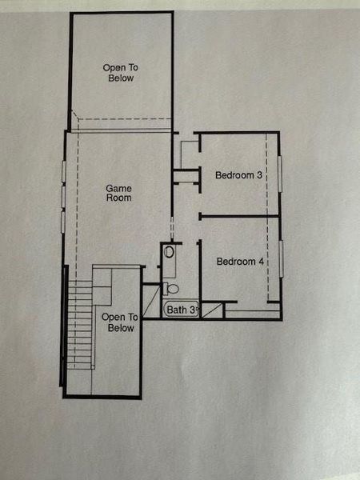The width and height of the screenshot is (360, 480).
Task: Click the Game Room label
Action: (118, 193)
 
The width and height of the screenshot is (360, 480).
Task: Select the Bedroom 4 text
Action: (240, 262)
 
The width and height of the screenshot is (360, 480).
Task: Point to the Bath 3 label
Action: (181, 309)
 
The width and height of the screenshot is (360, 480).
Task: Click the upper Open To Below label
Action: (118, 73)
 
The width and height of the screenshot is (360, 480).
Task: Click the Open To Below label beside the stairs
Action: (120, 322)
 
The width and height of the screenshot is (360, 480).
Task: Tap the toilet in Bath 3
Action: (170, 288)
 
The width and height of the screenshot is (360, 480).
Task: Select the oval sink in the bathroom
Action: (169, 252)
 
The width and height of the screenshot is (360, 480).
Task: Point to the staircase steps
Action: (78, 324)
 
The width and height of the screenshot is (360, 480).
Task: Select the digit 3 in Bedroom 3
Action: (260, 175)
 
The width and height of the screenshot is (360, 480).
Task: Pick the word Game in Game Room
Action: (118, 188)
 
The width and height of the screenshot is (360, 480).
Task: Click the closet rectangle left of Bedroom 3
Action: (189, 153)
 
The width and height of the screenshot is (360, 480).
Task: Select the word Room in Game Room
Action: (118, 198)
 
